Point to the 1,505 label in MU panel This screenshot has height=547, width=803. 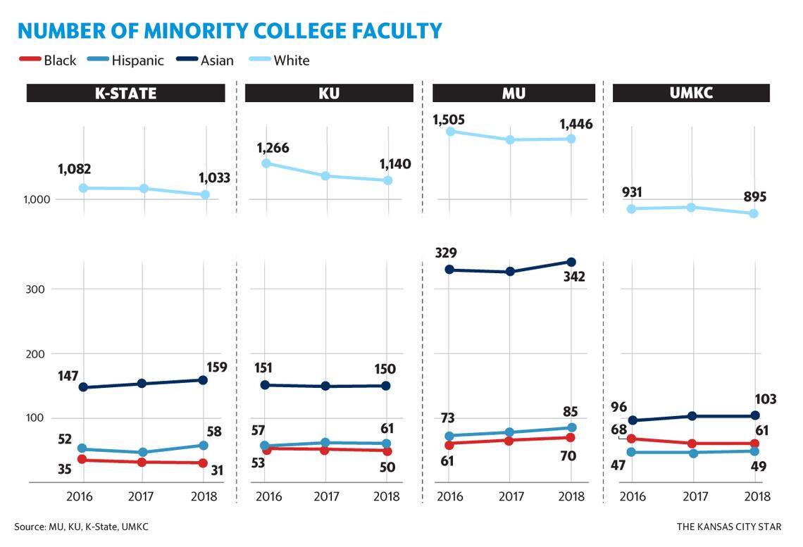pos(450,120)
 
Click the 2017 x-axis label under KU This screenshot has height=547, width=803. pos(325,497)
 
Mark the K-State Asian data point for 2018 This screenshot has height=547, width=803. pos(203,380)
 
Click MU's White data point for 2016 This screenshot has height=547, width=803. pos(450,131)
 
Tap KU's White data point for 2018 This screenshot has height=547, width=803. pos(387,181)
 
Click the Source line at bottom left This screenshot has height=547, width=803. pos(82,527)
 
